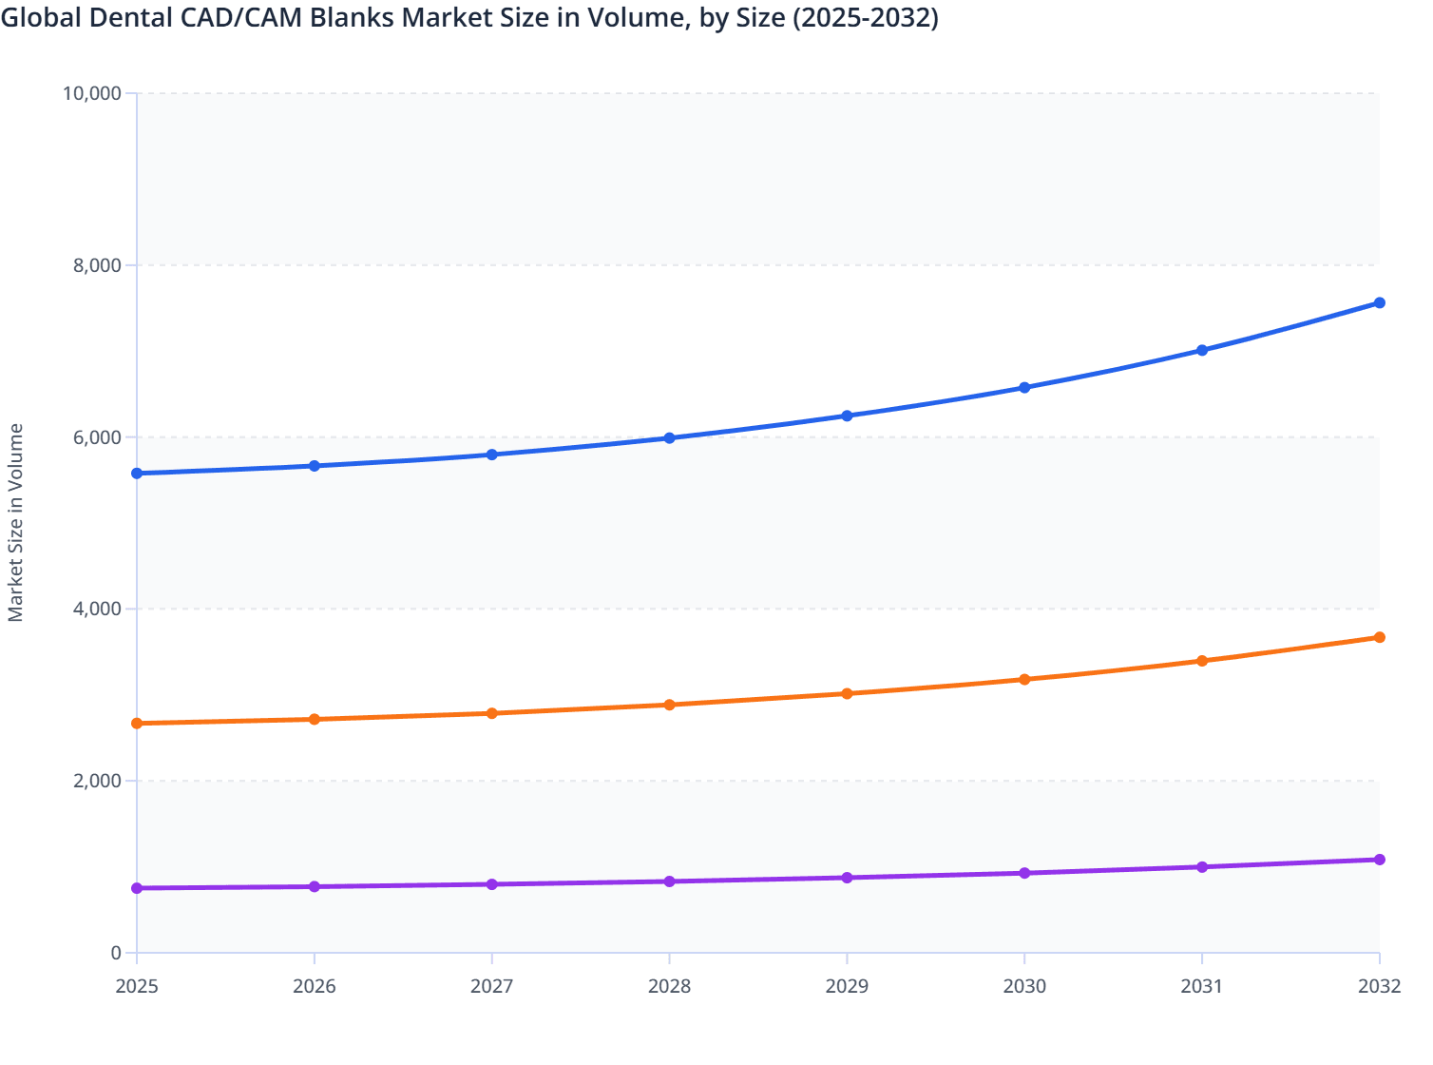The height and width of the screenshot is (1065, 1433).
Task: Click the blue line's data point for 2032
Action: [x=1379, y=303]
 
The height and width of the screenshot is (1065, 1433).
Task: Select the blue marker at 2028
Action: [x=669, y=438]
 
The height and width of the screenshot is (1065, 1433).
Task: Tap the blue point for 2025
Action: [x=137, y=474]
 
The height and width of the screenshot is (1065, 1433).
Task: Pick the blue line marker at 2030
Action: [x=1024, y=388]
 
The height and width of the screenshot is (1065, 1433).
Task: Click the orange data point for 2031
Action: [x=1202, y=661]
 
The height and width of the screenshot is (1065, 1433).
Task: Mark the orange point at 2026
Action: [x=315, y=720]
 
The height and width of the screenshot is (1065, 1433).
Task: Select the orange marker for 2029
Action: [x=847, y=694]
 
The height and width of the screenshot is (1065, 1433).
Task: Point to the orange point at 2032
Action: [x=1379, y=637]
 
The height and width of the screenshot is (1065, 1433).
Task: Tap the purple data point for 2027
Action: [x=492, y=884]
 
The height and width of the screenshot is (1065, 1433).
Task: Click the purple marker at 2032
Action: [x=1379, y=860]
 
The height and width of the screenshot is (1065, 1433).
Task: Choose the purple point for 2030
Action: [x=1024, y=873]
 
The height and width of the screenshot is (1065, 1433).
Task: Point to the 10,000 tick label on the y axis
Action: [x=91, y=93]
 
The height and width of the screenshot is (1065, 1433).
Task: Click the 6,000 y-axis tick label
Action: [x=96, y=437]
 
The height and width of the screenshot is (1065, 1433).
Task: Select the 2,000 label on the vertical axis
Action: [x=96, y=781]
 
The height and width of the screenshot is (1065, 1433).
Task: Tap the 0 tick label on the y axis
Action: [x=116, y=953]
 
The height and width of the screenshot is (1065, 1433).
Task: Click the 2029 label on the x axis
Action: [x=847, y=987]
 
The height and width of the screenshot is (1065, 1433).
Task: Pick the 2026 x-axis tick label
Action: [x=315, y=987]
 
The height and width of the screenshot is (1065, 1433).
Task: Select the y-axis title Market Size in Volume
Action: [x=15, y=523]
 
